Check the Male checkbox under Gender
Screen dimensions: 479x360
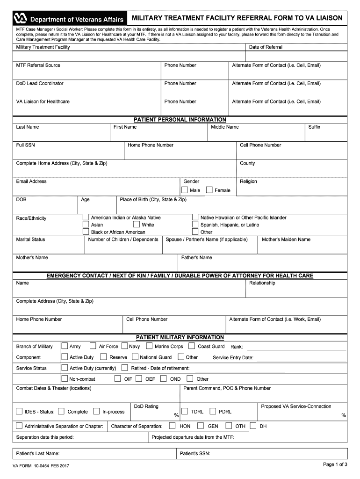185,190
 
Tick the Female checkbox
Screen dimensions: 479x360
209,190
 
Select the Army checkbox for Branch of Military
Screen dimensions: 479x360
65,346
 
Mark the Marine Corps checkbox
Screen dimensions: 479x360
149,346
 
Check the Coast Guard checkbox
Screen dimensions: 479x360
192,346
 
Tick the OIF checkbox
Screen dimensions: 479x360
118,379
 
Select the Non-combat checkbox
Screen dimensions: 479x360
65,379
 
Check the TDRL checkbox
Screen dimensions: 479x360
185,412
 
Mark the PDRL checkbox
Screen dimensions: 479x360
213,412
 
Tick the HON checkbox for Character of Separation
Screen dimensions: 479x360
173,426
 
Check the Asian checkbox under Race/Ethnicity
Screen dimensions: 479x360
86,225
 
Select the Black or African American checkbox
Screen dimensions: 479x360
86,232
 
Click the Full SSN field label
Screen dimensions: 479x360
25,145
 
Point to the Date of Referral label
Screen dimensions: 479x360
266,47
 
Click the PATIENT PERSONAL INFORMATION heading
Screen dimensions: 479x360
180,120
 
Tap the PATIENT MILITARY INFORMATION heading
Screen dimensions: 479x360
180,337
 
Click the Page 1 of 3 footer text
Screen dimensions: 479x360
335,464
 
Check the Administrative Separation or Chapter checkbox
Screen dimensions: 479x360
19,426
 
